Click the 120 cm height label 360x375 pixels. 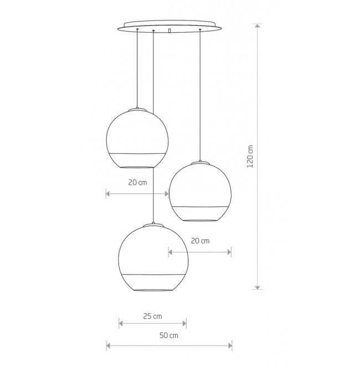point(250,156)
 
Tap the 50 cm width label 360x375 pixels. point(169,335)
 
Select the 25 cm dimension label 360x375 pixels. point(153,316)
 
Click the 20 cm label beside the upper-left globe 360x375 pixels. point(137,182)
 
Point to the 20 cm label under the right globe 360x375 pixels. point(200,241)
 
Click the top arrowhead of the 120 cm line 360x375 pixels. point(258,25)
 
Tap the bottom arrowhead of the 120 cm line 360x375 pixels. point(258,287)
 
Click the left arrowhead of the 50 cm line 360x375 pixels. point(109,346)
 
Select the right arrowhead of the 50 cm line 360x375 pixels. point(230,346)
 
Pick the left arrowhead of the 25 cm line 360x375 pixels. point(121,323)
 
